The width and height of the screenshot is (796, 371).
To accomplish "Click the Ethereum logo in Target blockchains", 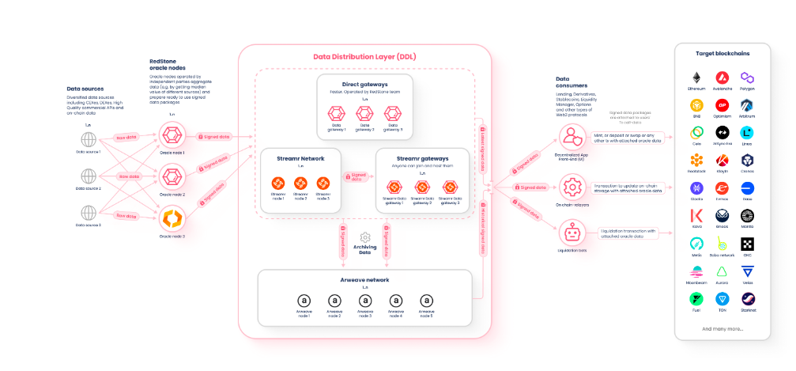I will pos(697,78).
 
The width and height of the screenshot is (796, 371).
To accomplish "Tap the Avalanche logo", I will pos(722,78).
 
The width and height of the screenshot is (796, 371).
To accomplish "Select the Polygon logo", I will pos(747,78).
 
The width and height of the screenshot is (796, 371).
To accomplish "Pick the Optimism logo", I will pos(722,104).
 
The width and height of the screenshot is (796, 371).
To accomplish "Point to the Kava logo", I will pos(697,215).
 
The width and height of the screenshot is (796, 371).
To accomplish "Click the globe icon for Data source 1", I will pos(89,139).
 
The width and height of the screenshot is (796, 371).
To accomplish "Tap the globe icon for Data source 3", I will pos(89,213).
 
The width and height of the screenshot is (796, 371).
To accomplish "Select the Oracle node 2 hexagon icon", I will pos(172,176).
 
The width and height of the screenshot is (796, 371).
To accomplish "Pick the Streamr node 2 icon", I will pos(300,183).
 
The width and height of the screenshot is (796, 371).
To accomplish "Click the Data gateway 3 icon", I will pos(390,114).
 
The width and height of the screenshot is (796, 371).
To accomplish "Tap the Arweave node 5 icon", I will pos(427,301).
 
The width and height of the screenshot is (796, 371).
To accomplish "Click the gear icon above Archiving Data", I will pos(365,237).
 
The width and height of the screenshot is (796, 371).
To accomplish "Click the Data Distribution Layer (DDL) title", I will pos(364,58).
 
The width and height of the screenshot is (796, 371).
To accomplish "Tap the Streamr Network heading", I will pos(300,159).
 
